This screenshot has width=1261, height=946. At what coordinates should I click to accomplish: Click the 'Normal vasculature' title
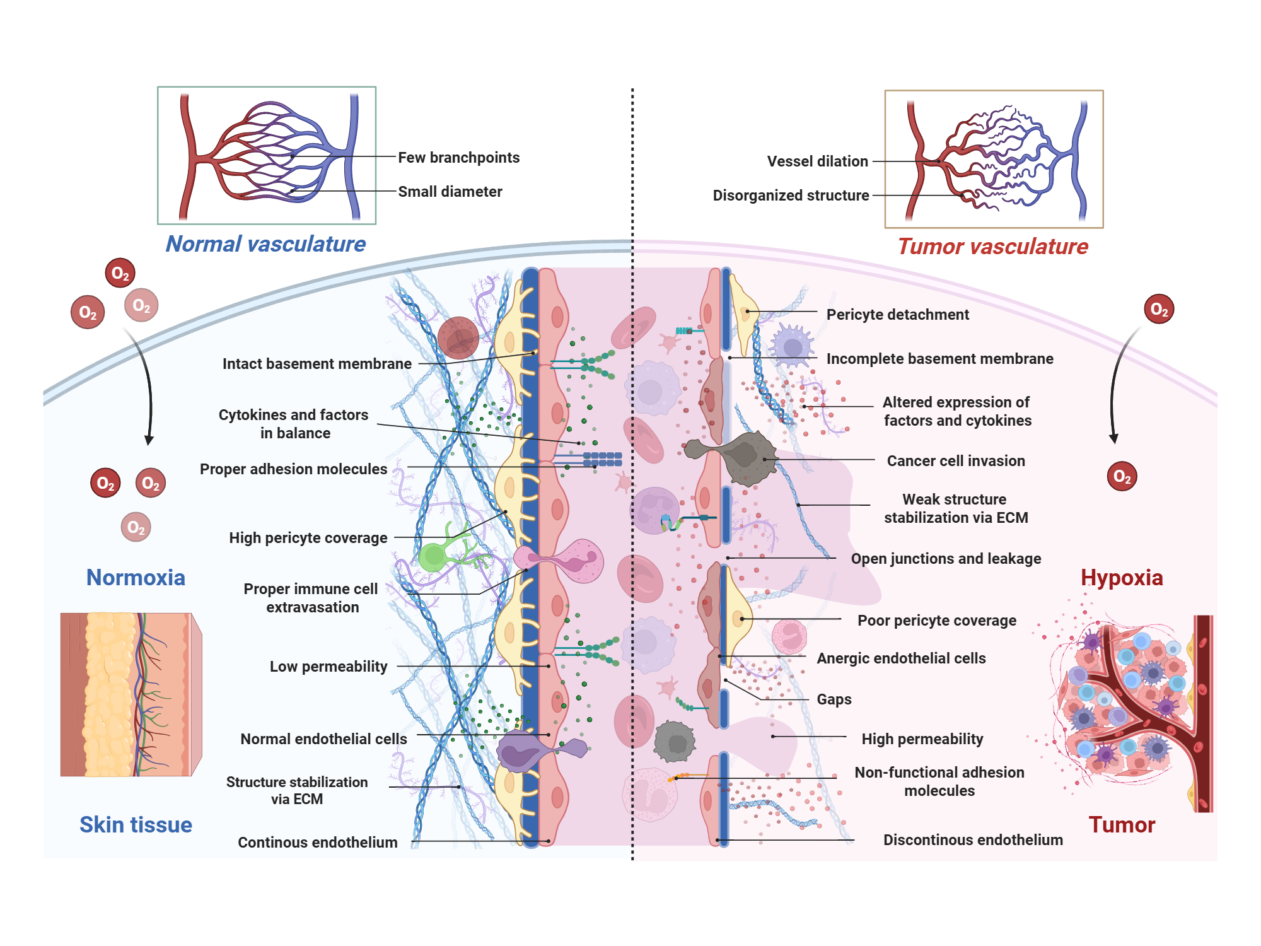pyautogui.click(x=265, y=244)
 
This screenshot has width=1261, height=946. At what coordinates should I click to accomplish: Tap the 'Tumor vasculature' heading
pyautogui.click(x=992, y=247)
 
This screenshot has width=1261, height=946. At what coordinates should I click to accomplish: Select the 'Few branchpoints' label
pyautogui.click(x=458, y=158)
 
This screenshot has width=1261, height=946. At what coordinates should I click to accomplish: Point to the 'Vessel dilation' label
pyautogui.click(x=817, y=161)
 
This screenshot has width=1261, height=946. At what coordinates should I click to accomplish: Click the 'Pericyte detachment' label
pyautogui.click(x=897, y=315)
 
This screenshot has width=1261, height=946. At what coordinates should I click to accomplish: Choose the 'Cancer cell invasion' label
pyautogui.click(x=955, y=461)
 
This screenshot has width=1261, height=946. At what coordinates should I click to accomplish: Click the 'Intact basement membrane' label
pyautogui.click(x=317, y=364)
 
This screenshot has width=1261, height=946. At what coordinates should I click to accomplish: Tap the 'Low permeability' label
pyautogui.click(x=328, y=667)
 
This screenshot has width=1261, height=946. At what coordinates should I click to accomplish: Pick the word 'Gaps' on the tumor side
pyautogui.click(x=834, y=699)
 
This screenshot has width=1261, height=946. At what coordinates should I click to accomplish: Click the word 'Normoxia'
pyautogui.click(x=136, y=578)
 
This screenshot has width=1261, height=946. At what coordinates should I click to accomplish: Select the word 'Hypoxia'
pyautogui.click(x=1121, y=578)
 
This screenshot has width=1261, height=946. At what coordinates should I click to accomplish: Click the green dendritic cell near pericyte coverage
pyautogui.click(x=435, y=556)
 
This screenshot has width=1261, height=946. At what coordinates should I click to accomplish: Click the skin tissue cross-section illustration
pyautogui.click(x=130, y=694)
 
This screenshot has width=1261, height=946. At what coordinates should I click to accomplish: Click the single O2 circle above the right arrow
pyautogui.click(x=1158, y=309)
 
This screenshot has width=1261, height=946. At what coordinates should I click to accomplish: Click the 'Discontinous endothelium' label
pyautogui.click(x=972, y=840)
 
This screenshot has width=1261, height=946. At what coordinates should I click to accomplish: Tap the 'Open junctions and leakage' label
pyautogui.click(x=945, y=559)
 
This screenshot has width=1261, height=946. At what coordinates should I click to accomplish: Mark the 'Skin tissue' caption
pyautogui.click(x=136, y=825)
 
